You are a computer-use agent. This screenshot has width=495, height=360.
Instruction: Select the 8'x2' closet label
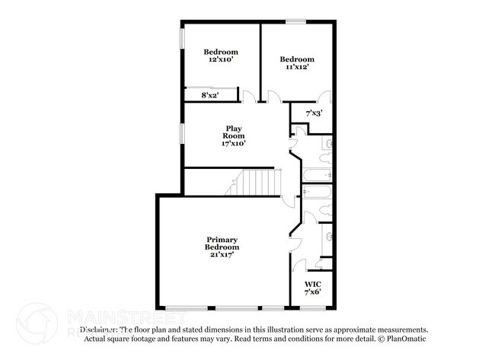pyautogui.click(x=209, y=95)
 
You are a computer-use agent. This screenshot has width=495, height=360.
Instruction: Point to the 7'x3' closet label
pyautogui.click(x=314, y=113)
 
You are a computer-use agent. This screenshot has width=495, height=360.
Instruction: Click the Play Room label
pyautogui.click(x=233, y=132)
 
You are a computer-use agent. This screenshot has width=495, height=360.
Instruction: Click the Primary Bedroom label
pyautogui.click(x=222, y=244)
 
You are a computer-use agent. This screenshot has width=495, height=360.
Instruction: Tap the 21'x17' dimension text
pyautogui.click(x=222, y=255)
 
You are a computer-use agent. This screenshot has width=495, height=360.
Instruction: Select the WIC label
pyautogui.click(x=312, y=284)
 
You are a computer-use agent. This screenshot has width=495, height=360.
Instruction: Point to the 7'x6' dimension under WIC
pyautogui.click(x=312, y=292)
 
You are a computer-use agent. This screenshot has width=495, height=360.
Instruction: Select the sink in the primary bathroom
pyautogui.click(x=328, y=237)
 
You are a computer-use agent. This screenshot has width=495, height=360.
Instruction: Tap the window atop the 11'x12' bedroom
pyautogui.click(x=296, y=21)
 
